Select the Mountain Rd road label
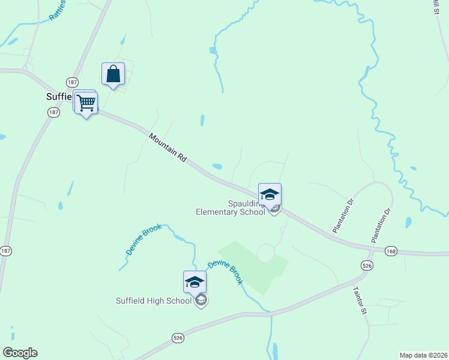[168, 149]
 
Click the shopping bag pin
[113, 74]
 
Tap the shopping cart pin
[86, 103]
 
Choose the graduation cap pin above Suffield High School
[194, 281]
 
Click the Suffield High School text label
[153, 301]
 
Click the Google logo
[20, 353]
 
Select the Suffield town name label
[59, 96]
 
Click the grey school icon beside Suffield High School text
[202, 301]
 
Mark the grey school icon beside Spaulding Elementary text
[274, 208]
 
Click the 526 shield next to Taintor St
[367, 265]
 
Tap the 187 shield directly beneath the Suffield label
[53, 112]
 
